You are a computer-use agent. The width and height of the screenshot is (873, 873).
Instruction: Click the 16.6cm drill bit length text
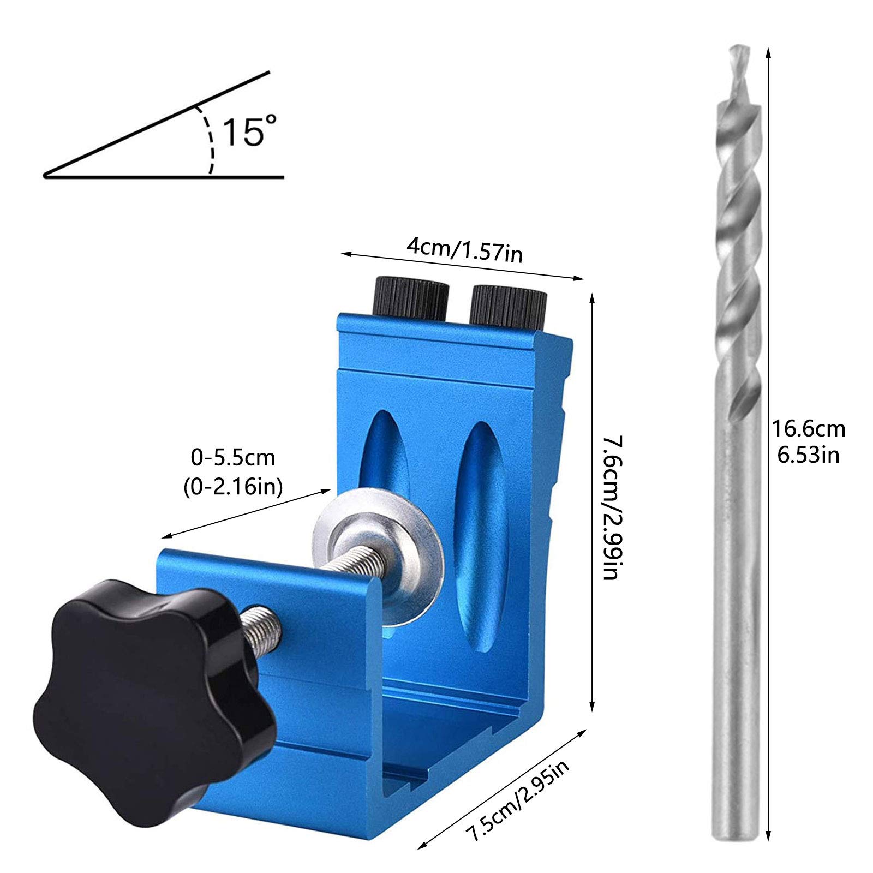(808, 429)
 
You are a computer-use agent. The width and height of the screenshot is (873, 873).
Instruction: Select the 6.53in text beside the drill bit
(808, 454)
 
